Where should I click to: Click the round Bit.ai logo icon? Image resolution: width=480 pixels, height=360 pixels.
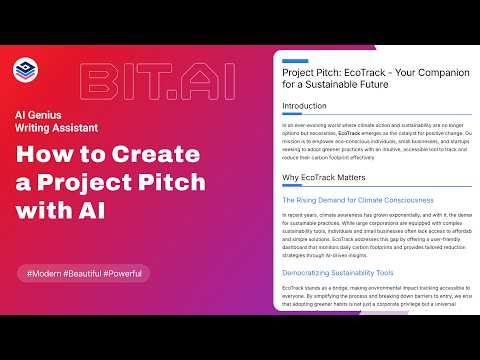(24, 69)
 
